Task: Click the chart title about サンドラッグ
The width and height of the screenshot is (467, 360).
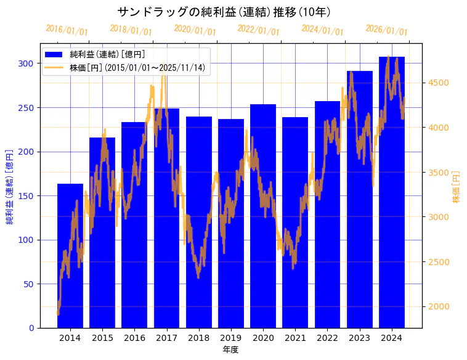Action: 224,12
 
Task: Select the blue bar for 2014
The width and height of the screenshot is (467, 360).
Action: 70,259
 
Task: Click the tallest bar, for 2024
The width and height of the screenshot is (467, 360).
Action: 392,203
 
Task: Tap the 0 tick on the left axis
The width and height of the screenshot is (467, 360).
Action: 31,328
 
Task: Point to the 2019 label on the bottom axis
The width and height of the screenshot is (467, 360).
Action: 230,338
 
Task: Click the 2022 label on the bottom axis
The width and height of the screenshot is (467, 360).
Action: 327,338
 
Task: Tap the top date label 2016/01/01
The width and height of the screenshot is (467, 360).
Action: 67,30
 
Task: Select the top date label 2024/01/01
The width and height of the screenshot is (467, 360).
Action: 322,30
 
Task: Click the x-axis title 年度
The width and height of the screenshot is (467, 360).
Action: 230,350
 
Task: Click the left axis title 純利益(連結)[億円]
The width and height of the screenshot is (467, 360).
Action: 10,186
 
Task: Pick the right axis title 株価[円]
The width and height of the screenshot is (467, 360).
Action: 457,186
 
